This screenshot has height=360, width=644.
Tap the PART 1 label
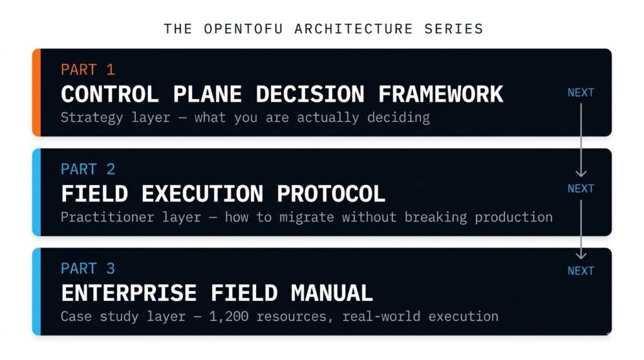[88, 69]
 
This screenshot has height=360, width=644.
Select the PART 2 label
[88, 169]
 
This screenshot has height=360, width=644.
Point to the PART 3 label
[88, 269]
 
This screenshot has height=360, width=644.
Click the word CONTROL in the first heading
[109, 94]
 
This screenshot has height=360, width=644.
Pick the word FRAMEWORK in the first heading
[440, 94]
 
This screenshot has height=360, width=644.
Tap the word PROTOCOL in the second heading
[331, 194]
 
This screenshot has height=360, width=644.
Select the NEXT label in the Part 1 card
[580, 93]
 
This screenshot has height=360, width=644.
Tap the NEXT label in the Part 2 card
[580, 188]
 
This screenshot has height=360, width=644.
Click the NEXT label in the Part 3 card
[580, 271]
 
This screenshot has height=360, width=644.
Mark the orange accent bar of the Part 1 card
[36, 93]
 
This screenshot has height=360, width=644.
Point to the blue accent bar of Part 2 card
[36, 192]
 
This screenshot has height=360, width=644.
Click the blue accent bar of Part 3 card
[36, 291]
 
